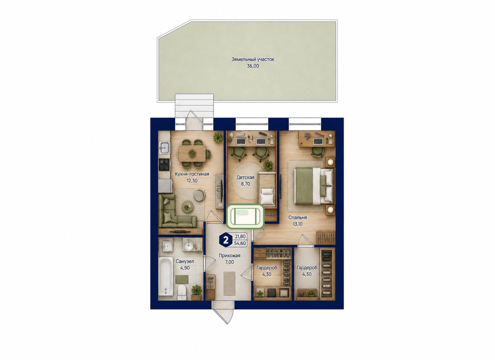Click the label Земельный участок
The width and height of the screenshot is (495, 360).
(253, 60)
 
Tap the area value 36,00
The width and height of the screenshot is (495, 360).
(253, 66)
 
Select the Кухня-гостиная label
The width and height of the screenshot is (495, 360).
(192, 174)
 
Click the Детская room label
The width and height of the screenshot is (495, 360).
(245, 177)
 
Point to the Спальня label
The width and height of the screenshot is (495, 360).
(297, 218)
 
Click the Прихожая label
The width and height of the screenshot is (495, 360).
(229, 256)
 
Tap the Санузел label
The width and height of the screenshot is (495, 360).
(185, 261)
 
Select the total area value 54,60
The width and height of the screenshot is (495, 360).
(240, 243)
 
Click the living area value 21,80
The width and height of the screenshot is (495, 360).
(240, 237)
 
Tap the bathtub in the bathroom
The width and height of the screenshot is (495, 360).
(166, 276)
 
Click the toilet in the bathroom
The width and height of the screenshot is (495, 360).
(182, 292)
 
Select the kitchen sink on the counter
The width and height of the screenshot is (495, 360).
(164, 148)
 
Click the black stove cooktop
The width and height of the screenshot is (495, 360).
(164, 165)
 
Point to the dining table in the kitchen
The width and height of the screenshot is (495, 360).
(192, 153)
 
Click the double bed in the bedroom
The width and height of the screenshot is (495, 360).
(313, 186)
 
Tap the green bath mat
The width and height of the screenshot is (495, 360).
(182, 280)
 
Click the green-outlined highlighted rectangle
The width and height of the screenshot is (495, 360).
(245, 216)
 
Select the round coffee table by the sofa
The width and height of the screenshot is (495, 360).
(188, 207)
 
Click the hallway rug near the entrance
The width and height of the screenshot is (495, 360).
(229, 284)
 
